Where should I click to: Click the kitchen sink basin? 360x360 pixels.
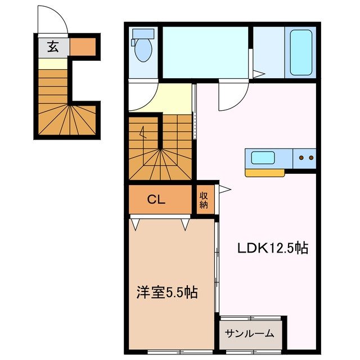(263, 157)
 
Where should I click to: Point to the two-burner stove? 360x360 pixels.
(304, 158)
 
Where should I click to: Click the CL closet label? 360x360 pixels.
(156, 199)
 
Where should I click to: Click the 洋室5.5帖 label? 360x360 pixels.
(167, 292)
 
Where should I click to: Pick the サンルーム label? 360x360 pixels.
(250, 333)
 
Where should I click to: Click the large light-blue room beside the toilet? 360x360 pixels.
(206, 51)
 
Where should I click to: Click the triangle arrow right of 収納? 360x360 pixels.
(226, 190)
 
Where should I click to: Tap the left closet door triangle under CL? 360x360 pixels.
(136, 224)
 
